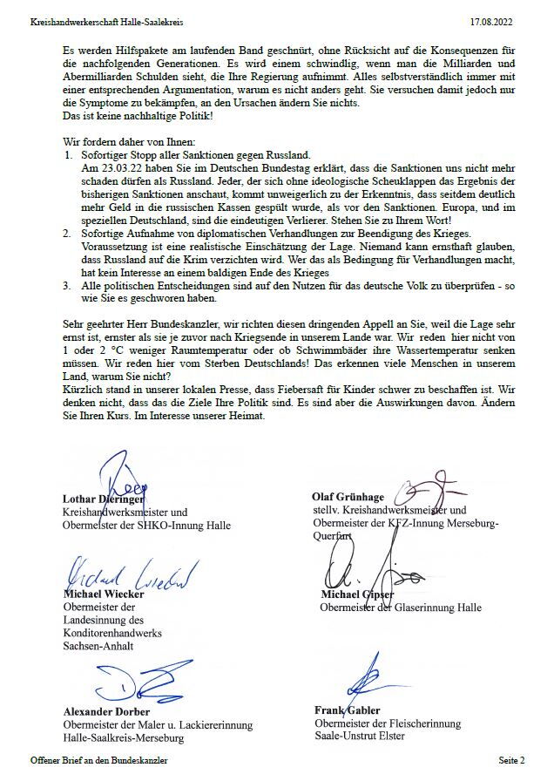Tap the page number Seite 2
tap(511, 761)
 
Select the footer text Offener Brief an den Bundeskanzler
tap(98, 761)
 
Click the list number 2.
tap(69, 234)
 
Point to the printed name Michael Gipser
tap(358, 595)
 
